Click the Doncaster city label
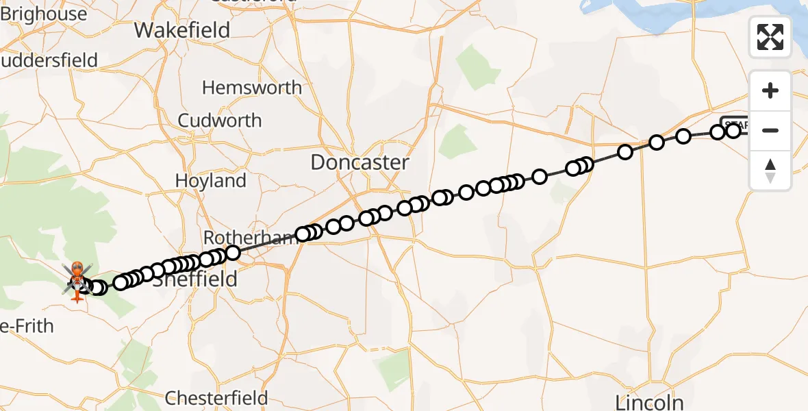[x=359, y=162]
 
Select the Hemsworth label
[x=252, y=88]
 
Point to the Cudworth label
[x=220, y=121]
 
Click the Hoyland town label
[x=211, y=181]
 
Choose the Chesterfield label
[x=217, y=398]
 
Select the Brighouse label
[x=44, y=14]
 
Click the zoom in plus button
[x=770, y=90]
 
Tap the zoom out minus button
[x=770, y=130]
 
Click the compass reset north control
[x=770, y=171]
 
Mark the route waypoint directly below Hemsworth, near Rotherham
[x=233, y=253]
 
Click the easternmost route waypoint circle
[x=733, y=130]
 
